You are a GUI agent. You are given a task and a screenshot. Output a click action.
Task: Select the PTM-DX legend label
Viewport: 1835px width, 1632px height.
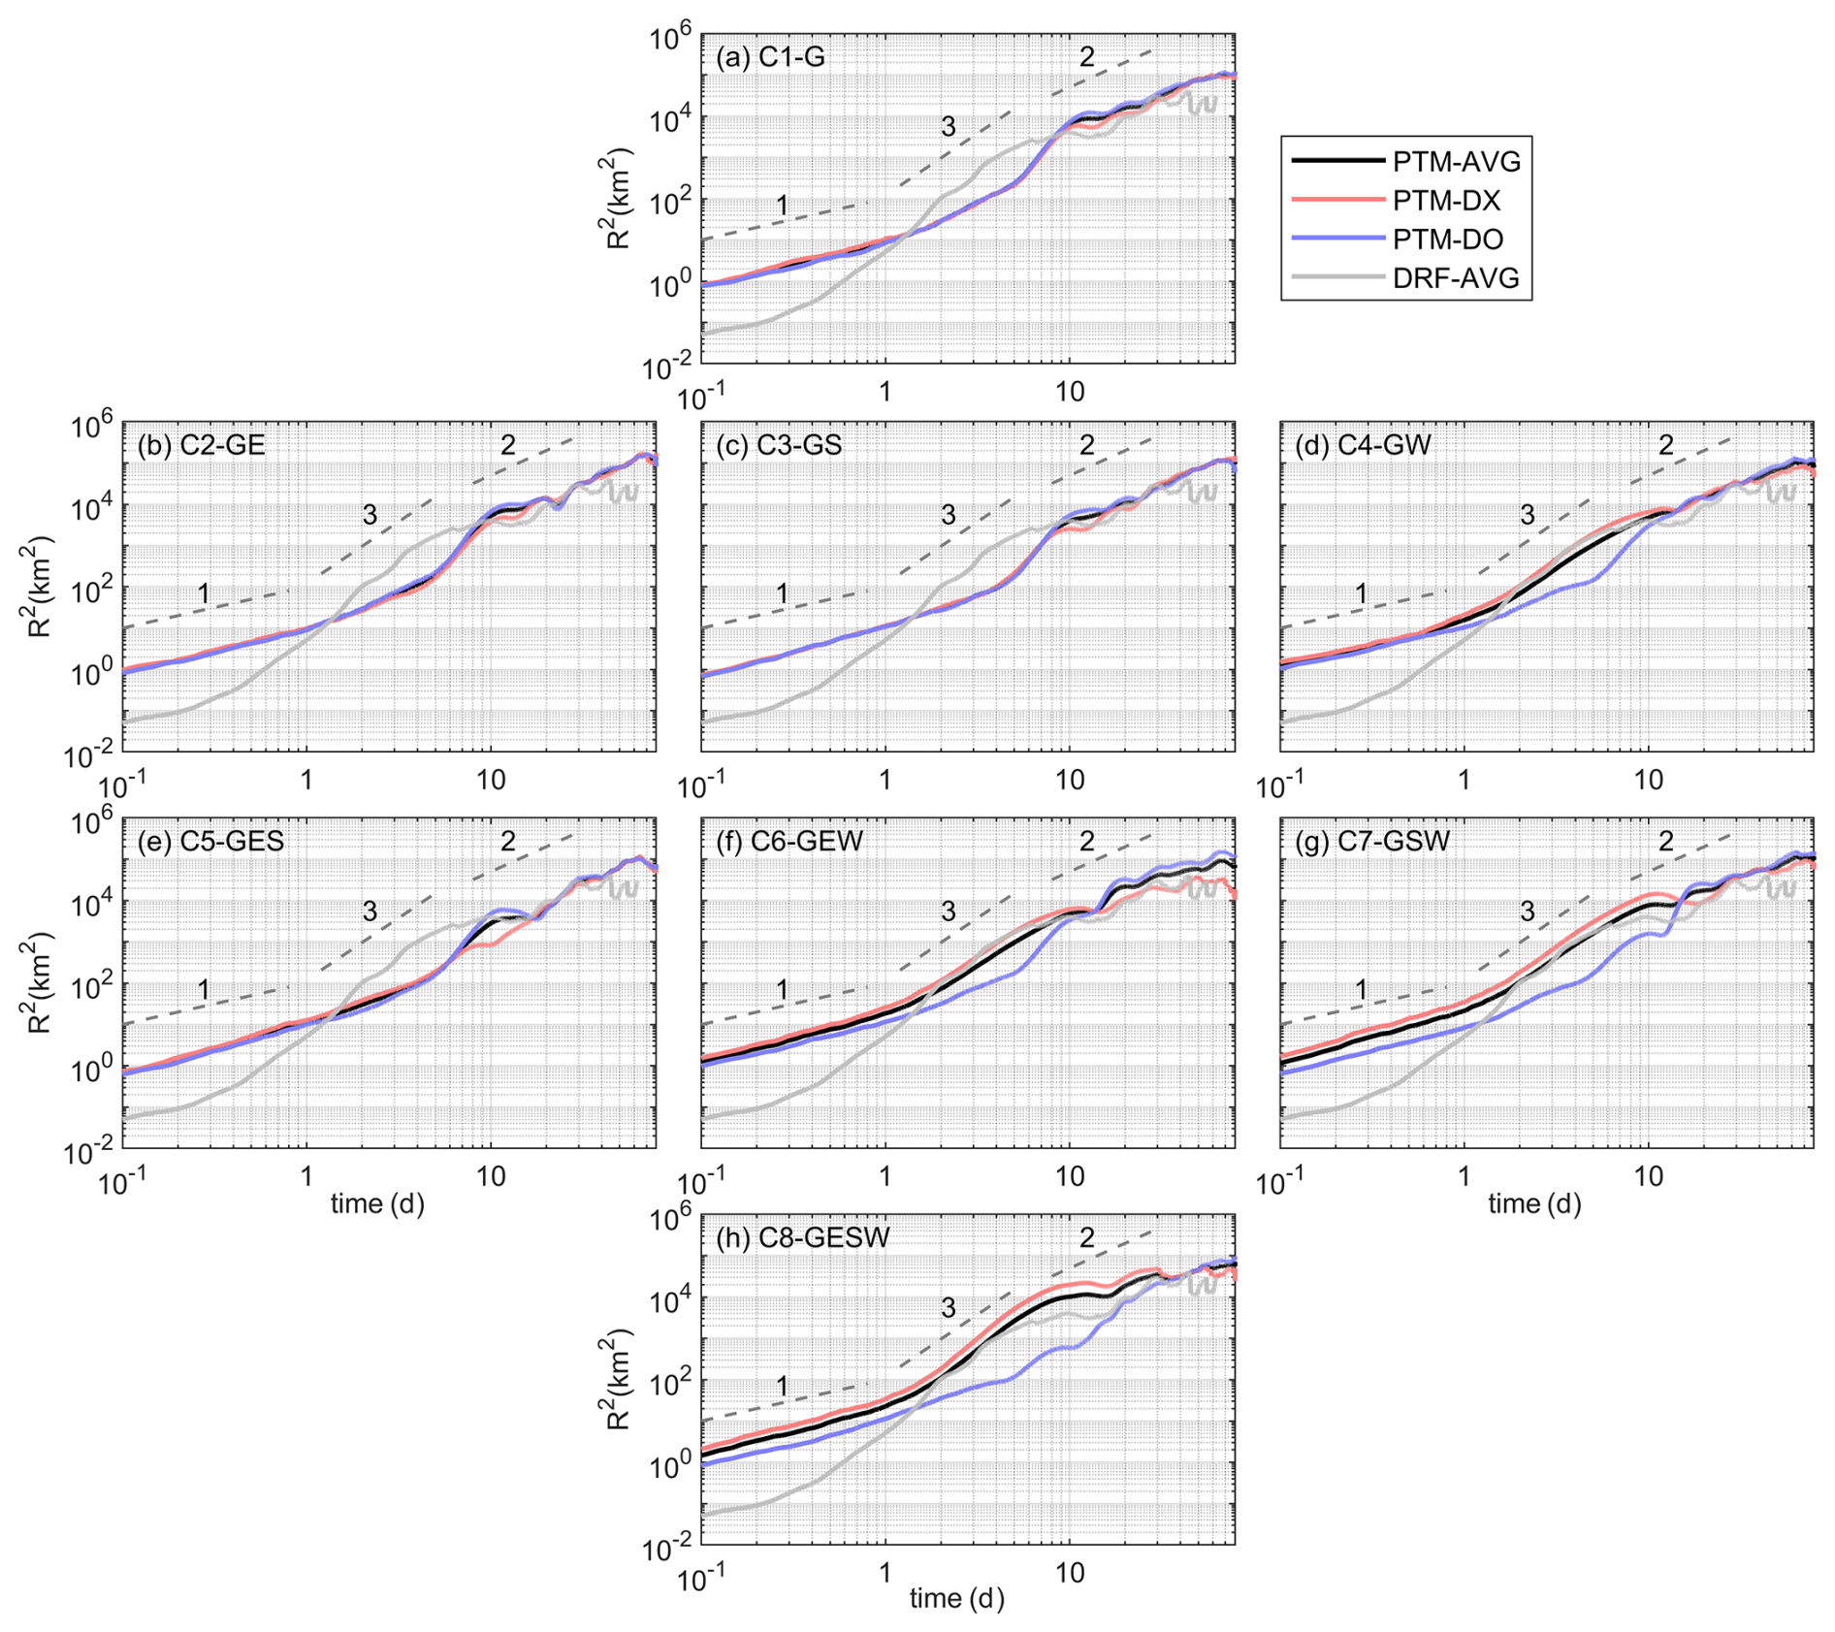coord(1446,201)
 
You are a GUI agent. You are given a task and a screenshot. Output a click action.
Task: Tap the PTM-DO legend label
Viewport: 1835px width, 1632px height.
coord(1448,240)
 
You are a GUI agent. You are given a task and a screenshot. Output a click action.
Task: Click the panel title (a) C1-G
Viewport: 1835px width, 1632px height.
coord(770,57)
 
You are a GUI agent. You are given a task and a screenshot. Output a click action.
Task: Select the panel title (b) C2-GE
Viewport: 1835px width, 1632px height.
coord(201,445)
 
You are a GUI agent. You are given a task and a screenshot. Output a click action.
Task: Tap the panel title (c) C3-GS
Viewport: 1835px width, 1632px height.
coord(779,445)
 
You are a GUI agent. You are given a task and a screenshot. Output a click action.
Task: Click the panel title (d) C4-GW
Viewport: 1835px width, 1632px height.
coord(1363,445)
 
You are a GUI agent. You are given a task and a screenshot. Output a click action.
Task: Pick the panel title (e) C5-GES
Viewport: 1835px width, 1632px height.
coord(210,841)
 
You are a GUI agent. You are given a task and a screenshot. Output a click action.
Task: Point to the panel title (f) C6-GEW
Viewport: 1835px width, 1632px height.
coord(789,841)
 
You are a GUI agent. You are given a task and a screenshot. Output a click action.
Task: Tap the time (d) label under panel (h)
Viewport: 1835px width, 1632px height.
coord(956,1598)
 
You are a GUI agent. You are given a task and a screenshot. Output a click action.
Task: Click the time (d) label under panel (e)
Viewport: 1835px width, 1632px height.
coord(377,1203)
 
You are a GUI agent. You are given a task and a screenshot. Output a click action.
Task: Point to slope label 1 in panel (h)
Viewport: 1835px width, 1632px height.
coord(782,1387)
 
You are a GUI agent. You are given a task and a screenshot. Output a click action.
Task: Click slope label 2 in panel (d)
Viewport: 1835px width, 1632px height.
coord(1665,445)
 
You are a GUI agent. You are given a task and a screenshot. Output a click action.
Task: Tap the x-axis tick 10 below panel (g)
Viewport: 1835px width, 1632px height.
coord(1648,1176)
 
